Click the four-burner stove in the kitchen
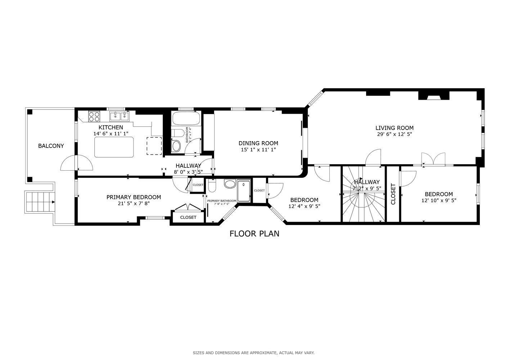[94, 117]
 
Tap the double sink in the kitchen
[119, 116]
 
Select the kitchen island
[114, 147]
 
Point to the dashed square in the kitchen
[154, 146]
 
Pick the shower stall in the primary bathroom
[244, 191]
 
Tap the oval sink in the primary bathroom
[229, 184]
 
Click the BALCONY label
[51, 146]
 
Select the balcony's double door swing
[76, 163]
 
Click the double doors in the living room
[433, 159]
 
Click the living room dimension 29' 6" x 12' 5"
[394, 134]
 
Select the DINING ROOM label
[258, 143]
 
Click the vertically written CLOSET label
[393, 194]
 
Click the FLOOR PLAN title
[254, 234]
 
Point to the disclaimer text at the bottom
[253, 353]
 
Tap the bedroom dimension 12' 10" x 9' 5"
[438, 201]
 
